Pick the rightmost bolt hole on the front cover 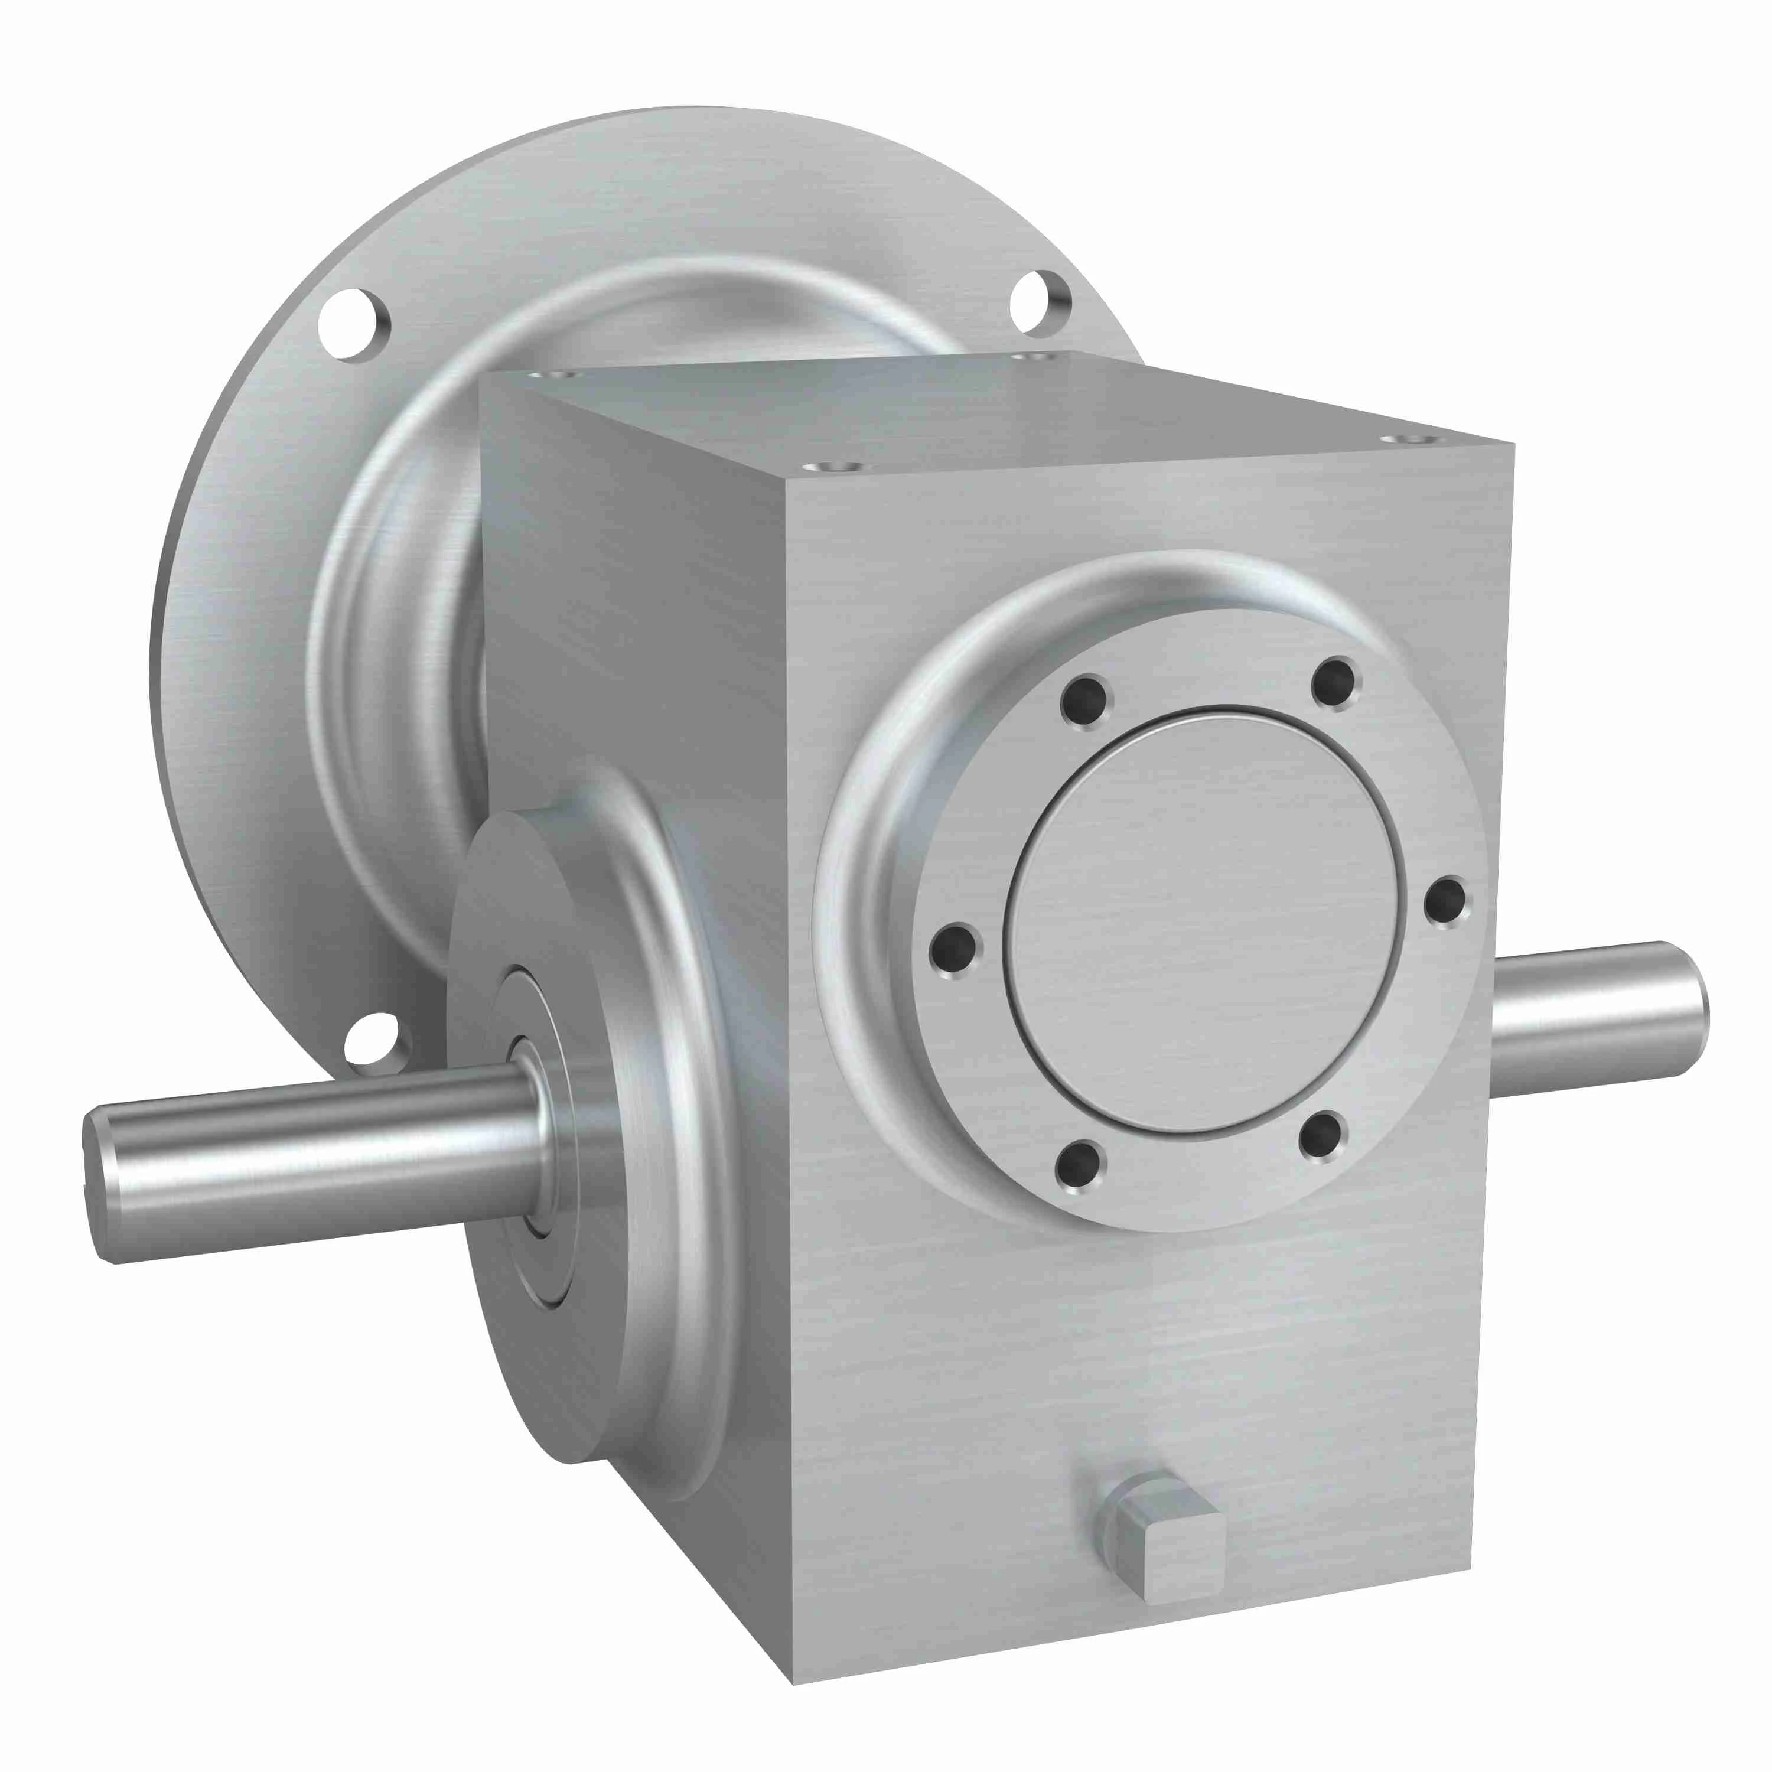pyautogui.click(x=1445, y=901)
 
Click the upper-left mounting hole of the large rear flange pyautogui.click(x=353, y=324)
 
